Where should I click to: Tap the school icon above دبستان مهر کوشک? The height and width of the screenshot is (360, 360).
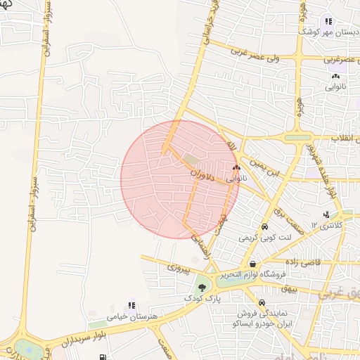tap(328, 22)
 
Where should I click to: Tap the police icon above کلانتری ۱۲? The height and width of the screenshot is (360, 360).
tap(326, 215)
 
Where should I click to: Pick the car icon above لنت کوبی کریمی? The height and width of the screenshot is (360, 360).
tap(264, 227)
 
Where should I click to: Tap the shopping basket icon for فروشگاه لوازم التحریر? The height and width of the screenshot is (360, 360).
tap(252, 264)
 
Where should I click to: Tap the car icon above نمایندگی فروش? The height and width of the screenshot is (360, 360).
tap(262, 302)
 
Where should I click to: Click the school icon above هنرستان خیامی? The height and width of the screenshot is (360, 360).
tap(131, 305)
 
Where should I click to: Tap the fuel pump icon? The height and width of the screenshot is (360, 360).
tap(103, 358)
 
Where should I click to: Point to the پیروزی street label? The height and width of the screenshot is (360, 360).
tap(176, 268)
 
